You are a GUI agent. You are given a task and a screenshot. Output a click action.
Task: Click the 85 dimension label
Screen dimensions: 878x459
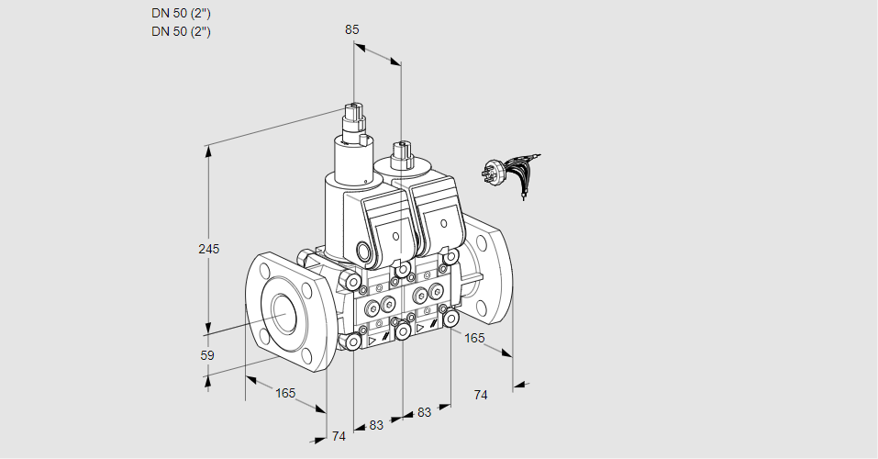351,29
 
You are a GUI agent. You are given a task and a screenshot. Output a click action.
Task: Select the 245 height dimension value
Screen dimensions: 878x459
209,249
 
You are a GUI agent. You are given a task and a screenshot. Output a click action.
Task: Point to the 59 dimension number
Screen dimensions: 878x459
207,355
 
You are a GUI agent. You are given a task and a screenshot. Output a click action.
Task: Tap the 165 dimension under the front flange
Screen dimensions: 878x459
285,393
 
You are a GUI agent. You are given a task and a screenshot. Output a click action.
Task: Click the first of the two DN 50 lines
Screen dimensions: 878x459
181,13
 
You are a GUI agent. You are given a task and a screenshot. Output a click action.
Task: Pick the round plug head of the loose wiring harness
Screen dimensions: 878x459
490,172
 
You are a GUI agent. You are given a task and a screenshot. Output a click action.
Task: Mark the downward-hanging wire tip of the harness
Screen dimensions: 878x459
524,196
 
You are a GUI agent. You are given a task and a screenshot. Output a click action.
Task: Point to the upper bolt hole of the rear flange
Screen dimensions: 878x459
481,241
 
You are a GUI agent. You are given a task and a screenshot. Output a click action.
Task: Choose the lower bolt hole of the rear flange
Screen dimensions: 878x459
482,306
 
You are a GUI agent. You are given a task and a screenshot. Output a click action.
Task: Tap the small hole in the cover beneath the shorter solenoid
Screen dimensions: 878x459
444,224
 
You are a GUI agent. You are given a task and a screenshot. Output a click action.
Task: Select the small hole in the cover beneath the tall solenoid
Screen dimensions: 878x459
396,236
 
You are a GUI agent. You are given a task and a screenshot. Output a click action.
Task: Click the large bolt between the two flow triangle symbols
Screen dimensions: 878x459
403,331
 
